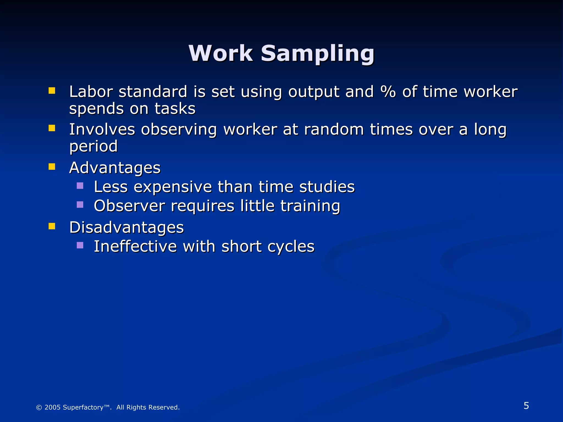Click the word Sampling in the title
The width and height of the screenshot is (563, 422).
[318, 54]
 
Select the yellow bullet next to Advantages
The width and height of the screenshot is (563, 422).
[52, 167]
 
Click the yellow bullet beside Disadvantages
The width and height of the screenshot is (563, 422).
[52, 226]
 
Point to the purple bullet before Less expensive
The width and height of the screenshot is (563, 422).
[80, 186]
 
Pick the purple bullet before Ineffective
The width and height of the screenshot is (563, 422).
[80, 245]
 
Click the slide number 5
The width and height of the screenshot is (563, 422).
[526, 406]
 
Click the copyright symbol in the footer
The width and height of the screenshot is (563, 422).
[39, 407]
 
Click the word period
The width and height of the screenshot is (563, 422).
[93, 146]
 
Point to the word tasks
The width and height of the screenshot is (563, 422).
[175, 109]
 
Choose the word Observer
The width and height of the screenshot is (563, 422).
[129, 206]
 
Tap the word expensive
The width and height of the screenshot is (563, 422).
[173, 187]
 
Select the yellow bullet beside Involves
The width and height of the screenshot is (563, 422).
[52, 128]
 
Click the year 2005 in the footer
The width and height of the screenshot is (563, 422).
[53, 407]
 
